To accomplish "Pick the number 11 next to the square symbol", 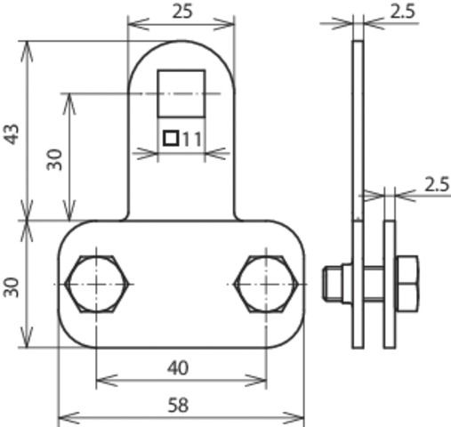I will (192, 139).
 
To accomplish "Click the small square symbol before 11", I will (171, 139).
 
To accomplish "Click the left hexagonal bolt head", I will (95, 284).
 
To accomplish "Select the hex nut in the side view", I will (406, 284).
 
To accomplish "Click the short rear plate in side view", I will (390, 284).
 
